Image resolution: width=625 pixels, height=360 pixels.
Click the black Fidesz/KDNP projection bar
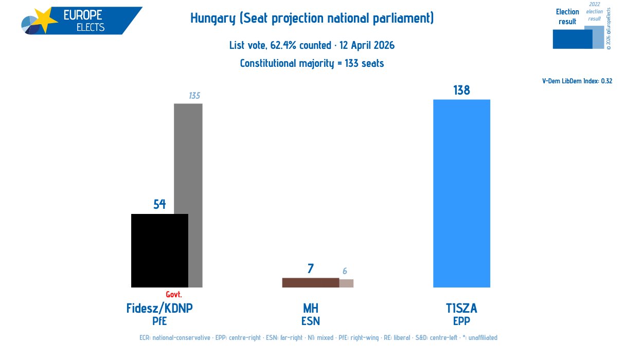159,250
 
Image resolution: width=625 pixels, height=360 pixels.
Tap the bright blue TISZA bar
461,193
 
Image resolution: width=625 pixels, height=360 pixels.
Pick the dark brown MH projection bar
310,282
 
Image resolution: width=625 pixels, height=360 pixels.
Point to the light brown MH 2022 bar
346,283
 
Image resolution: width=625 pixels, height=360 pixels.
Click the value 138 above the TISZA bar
461,91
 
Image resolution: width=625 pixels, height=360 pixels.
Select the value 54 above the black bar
159,204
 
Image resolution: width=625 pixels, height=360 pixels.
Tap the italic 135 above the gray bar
194,96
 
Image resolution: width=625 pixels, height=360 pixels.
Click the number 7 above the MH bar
310,268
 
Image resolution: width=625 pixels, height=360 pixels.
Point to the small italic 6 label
345,271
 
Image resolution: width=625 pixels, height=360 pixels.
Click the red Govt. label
174,295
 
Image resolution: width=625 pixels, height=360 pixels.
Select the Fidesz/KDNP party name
159,309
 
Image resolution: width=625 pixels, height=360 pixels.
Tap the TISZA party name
461,309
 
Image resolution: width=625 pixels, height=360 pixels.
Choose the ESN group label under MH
310,321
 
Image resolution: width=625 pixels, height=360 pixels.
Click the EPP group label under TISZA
461,321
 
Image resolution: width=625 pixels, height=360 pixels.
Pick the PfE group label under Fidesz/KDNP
159,321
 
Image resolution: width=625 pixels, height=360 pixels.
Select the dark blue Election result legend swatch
572,39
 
